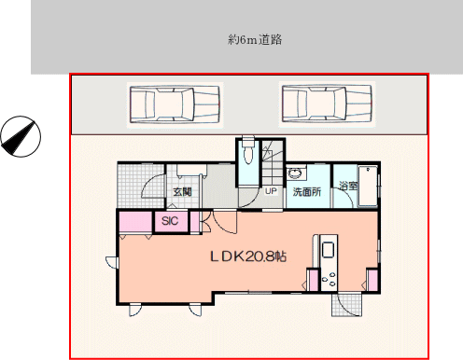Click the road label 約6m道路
[x=255, y=40]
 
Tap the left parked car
[x=175, y=104]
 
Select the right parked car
[x=327, y=104]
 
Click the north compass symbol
[x=21, y=136]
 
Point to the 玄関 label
[x=182, y=192]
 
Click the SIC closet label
[x=170, y=221]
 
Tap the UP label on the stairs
[x=271, y=191]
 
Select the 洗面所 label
[x=307, y=192]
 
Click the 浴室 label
[x=348, y=186]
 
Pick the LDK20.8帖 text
[x=248, y=256]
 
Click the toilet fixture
[x=247, y=151]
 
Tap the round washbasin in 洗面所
[x=293, y=173]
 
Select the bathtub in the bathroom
[x=368, y=187]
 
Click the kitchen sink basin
[x=328, y=250]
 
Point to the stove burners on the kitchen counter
[x=329, y=279]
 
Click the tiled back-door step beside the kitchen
[x=347, y=305]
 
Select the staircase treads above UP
[x=273, y=162]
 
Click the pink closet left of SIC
[x=136, y=221]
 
